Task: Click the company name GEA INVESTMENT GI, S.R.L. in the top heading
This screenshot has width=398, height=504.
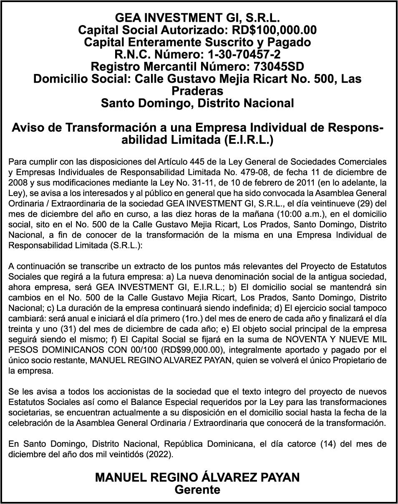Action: (197, 18)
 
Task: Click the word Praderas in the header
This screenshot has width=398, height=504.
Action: (197, 91)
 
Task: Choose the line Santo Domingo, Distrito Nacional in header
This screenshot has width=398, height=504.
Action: (197, 103)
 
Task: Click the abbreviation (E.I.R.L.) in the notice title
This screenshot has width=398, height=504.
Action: (248, 140)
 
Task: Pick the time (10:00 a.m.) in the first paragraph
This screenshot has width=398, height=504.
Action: (277, 214)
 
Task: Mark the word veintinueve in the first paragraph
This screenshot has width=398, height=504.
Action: (321, 204)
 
